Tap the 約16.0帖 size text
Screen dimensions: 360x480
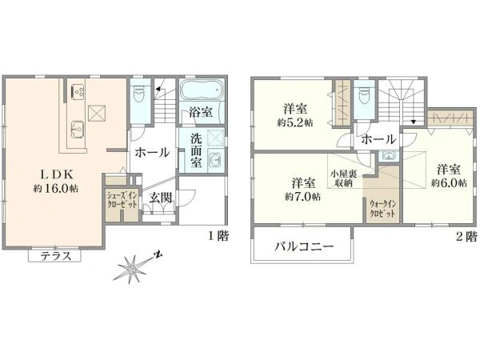tap(54, 189)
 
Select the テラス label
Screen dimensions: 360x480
tap(55, 256)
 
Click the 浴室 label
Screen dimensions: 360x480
tap(201, 114)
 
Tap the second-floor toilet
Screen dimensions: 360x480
tap(364, 96)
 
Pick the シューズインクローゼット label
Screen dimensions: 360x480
tap(122, 199)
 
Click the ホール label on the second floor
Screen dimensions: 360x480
tap(378, 139)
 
